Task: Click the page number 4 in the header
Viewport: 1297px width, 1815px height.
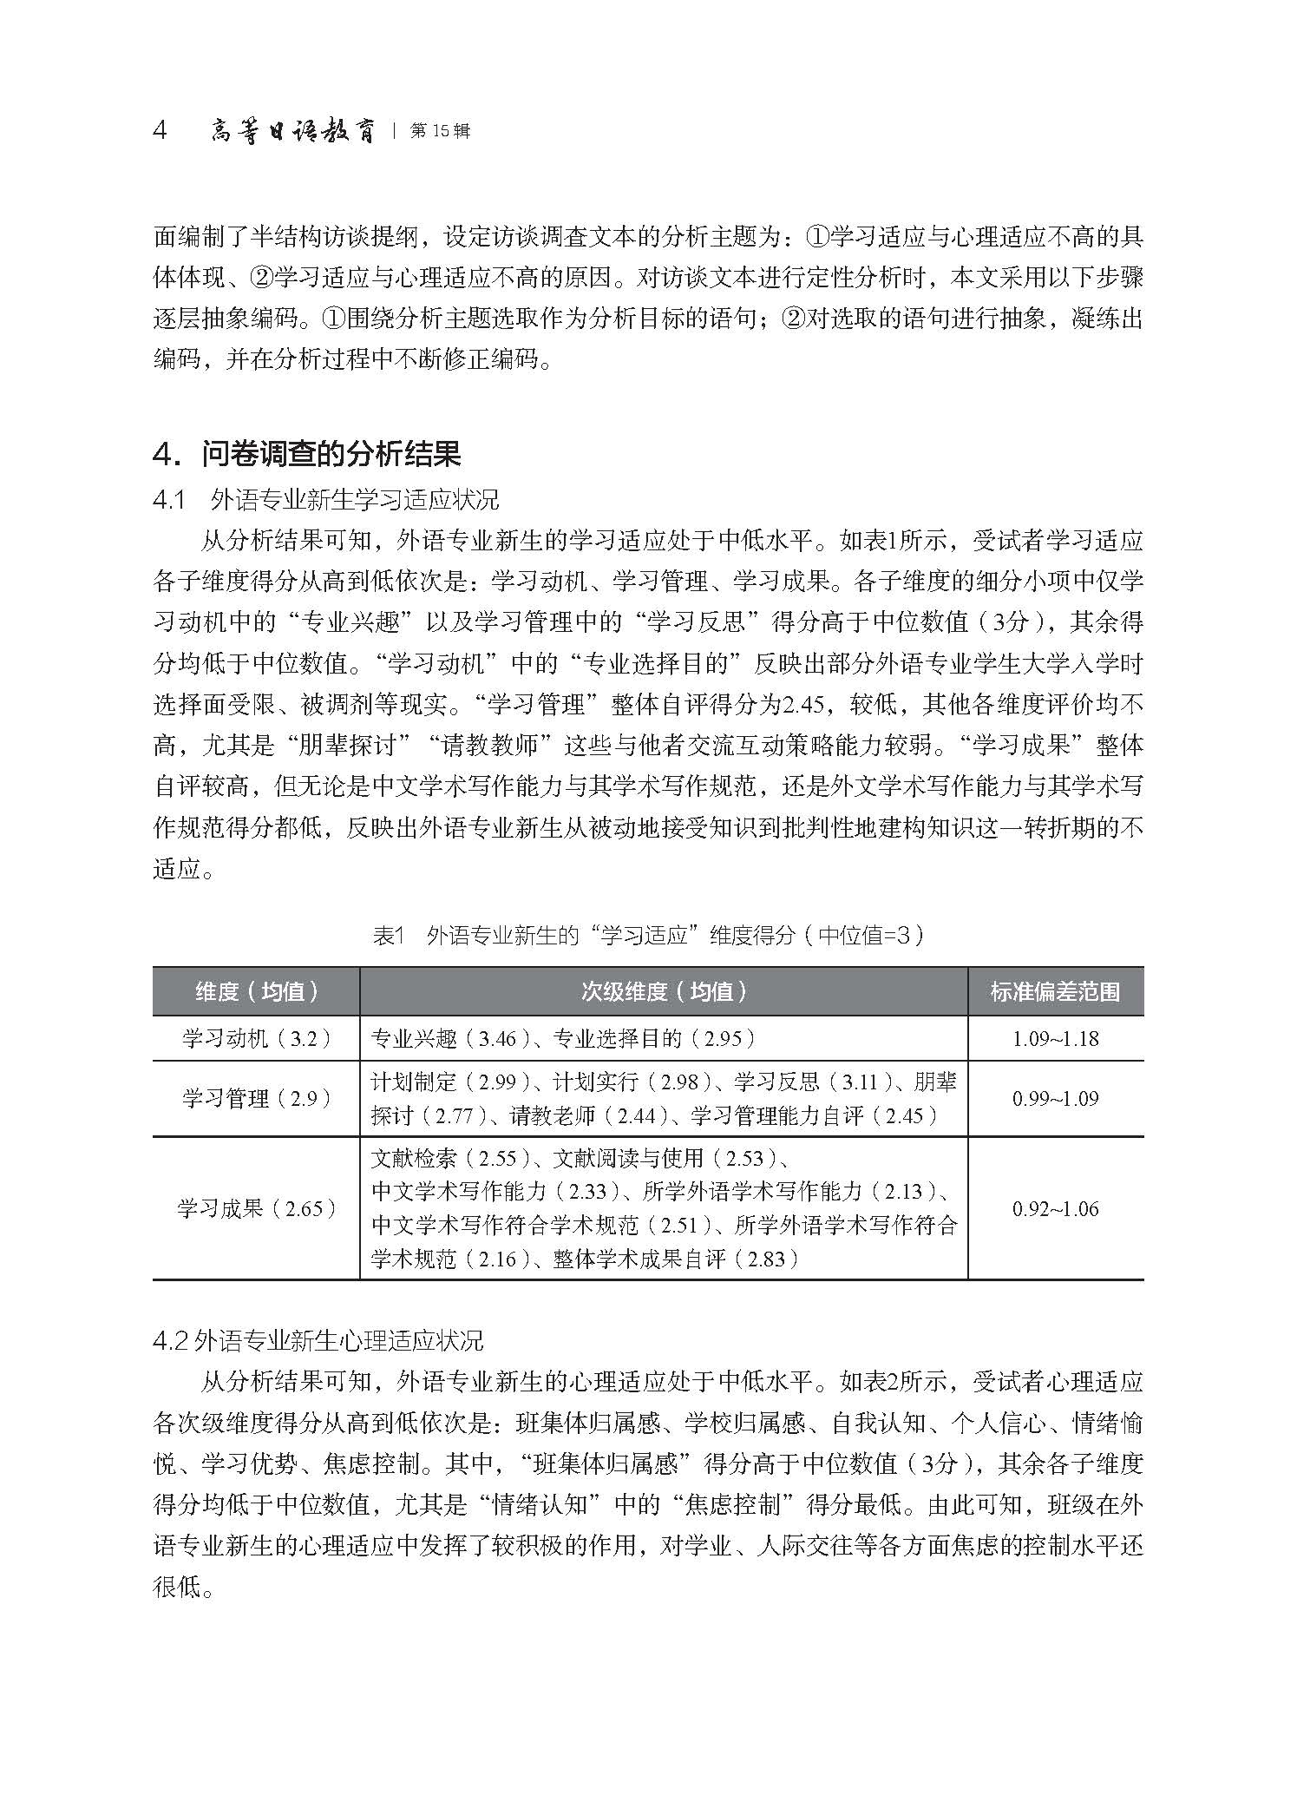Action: (x=160, y=131)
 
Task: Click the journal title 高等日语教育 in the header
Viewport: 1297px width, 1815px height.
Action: (x=293, y=132)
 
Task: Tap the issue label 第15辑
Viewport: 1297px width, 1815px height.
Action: (x=440, y=132)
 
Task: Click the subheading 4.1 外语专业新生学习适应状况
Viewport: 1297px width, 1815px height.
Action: (x=325, y=500)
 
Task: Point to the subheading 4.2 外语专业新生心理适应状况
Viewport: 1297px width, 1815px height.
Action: (x=318, y=1340)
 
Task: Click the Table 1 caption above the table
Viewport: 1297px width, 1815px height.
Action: (x=648, y=935)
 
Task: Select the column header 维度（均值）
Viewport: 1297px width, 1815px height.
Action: (x=257, y=991)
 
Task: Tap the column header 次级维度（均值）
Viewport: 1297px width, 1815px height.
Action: (x=664, y=991)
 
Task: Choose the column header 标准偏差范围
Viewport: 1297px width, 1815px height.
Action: (x=1055, y=991)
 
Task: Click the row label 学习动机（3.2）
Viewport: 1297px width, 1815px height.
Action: (x=257, y=1038)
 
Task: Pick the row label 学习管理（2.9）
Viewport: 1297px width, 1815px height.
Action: (x=257, y=1099)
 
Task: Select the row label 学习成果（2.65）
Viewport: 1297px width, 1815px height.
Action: (x=257, y=1208)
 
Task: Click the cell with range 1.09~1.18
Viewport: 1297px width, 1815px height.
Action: (x=1055, y=1039)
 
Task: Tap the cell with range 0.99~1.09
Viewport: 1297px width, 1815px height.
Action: (x=1055, y=1099)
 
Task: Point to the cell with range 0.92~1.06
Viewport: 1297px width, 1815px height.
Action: (x=1055, y=1208)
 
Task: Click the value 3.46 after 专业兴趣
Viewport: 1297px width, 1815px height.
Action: (x=497, y=1039)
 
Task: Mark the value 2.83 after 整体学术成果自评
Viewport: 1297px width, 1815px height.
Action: (x=765, y=1259)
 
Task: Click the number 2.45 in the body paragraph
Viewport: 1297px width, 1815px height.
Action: (x=802, y=704)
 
